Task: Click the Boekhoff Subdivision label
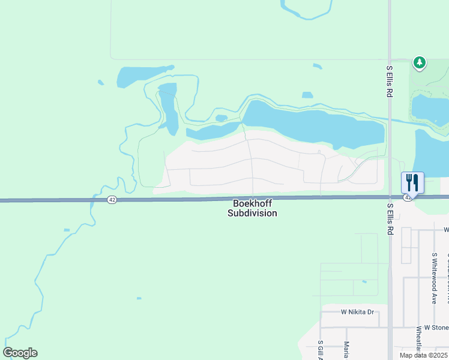pyautogui.click(x=252, y=208)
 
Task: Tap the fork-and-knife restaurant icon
pyautogui.click(x=412, y=182)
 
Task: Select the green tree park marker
pyautogui.click(x=420, y=62)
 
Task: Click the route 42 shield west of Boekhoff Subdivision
pyautogui.click(x=112, y=200)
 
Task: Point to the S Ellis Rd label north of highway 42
pyautogui.click(x=389, y=83)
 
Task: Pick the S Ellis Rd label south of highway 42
pyautogui.click(x=390, y=218)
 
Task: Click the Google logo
pyautogui.click(x=20, y=353)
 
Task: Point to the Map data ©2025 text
pyautogui.click(x=423, y=355)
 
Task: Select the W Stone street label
pyautogui.click(x=436, y=328)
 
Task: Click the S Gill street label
pyautogui.click(x=320, y=350)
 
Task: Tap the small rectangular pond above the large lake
pyautogui.click(x=307, y=95)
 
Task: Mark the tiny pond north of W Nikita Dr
pyautogui.click(x=364, y=281)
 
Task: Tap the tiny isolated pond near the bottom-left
pyautogui.click(x=139, y=298)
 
